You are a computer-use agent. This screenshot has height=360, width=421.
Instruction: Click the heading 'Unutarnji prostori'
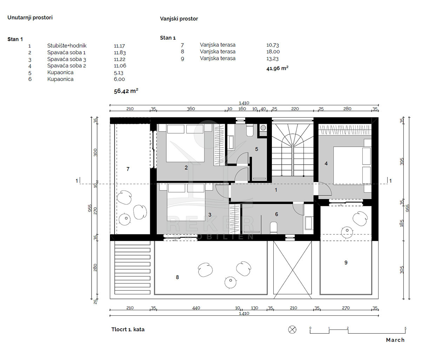pos(30,18)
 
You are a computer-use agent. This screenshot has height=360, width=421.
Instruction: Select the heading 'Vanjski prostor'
pos(179,19)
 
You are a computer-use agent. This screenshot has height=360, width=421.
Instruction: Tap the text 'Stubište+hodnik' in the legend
pos(67,46)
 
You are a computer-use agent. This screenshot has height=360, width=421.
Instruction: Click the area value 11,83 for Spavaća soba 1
pos(120,53)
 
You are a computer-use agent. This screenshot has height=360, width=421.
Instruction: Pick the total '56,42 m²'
pos(126,91)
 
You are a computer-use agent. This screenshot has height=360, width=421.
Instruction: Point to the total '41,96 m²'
pos(277,68)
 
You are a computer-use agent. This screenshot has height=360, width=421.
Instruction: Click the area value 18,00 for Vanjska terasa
pos(273,52)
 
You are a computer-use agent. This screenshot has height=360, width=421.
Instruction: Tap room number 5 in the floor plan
pos(256,149)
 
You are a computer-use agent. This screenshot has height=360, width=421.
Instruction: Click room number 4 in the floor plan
pos(326,164)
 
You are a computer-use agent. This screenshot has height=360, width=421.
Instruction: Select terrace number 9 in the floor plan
pos(346,262)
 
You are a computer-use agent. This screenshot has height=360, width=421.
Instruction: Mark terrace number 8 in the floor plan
pos(178,277)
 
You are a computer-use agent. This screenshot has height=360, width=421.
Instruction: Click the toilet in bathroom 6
pos(274,228)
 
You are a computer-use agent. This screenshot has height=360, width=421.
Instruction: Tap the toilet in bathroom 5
pos(250,131)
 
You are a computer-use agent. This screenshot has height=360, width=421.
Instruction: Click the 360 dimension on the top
pos(191,109)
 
